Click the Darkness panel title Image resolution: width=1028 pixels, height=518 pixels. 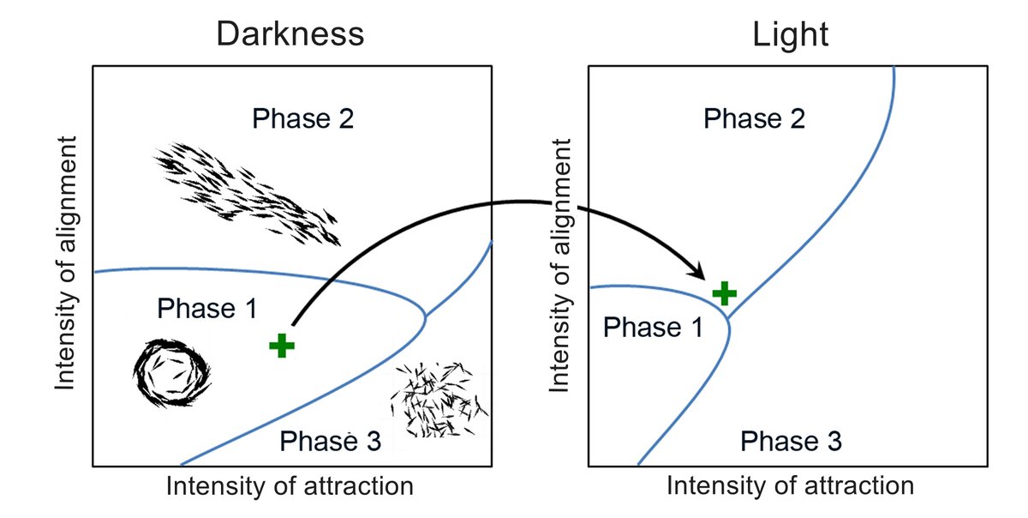point(290,33)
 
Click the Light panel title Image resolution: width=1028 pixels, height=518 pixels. point(790,33)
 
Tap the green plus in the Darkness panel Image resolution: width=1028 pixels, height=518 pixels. point(281,346)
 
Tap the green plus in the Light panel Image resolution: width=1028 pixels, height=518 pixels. point(725,293)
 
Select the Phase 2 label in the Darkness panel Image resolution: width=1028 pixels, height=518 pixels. point(302,118)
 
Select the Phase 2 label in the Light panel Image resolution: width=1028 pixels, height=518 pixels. point(754,118)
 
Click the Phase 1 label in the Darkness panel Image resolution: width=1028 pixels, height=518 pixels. point(207,308)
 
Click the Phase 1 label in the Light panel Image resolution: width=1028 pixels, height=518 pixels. point(654,327)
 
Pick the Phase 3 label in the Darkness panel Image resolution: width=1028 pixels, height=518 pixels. point(331,441)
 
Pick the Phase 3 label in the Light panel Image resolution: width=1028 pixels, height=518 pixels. point(791,441)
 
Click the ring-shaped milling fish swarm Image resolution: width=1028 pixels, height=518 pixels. point(172,373)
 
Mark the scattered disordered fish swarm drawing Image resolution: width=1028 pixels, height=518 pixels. point(439,399)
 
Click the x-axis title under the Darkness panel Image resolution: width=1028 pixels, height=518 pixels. point(290,486)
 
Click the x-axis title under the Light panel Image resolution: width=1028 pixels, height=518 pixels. point(790,486)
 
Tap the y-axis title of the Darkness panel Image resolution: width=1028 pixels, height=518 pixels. point(68,262)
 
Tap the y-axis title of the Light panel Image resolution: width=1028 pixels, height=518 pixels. point(561,262)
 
